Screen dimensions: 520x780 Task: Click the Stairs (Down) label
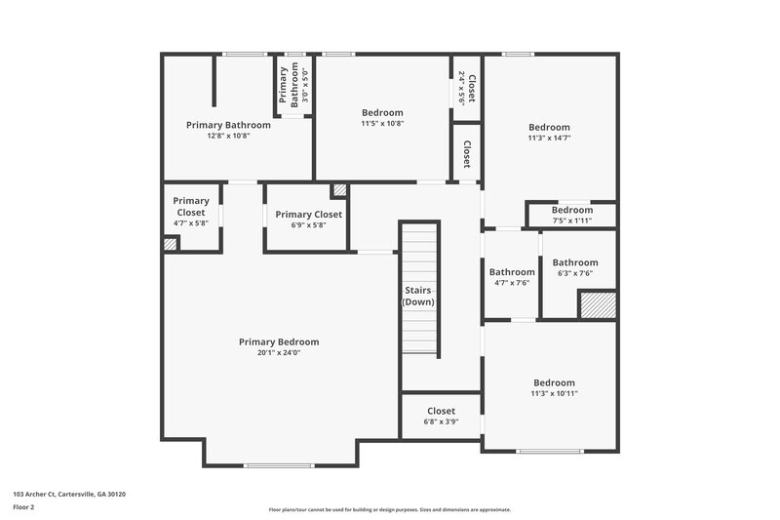click(419, 296)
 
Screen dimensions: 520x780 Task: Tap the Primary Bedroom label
click(279, 341)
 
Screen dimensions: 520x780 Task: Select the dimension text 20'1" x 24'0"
click(279, 353)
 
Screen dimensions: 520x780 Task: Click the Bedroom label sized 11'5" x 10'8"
click(382, 112)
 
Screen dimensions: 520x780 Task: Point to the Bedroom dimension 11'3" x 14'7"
click(549, 139)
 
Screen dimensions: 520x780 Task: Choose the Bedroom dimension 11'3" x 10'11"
click(553, 394)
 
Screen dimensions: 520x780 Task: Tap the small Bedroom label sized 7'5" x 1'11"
click(571, 210)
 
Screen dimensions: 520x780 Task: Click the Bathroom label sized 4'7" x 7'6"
click(512, 272)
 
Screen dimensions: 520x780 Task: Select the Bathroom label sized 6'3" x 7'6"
click(575, 262)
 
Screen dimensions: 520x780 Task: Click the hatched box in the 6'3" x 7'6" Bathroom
click(598, 305)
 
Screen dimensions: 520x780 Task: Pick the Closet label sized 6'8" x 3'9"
click(441, 412)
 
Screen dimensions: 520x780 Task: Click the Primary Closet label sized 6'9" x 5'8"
click(308, 215)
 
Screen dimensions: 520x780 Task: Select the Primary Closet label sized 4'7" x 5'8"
click(191, 207)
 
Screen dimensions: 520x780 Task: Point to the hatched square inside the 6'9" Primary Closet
click(339, 190)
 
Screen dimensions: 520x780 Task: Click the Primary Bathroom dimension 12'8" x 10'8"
click(228, 136)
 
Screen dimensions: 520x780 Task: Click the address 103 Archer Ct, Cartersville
click(69, 495)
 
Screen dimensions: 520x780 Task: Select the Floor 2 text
click(24, 508)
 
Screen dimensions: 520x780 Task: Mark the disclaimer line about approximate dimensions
click(389, 509)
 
